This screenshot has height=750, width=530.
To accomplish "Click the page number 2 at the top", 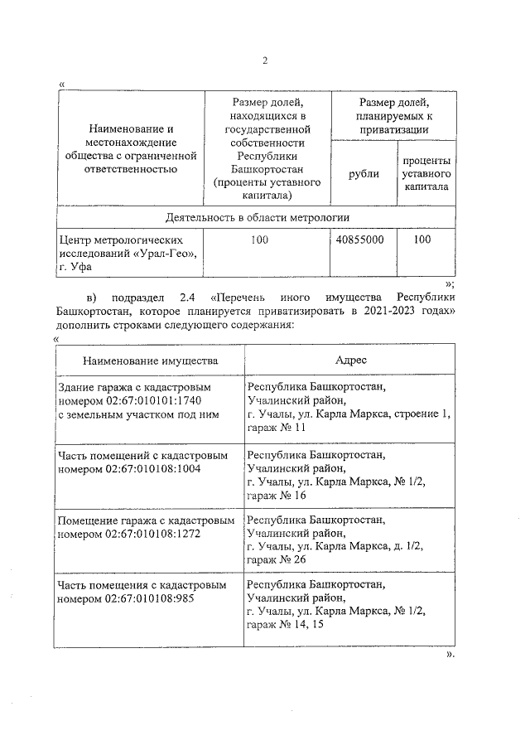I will (265, 60).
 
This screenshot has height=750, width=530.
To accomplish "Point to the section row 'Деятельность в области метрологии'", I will (257, 217).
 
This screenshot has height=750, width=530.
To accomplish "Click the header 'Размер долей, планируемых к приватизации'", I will (393, 115).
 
